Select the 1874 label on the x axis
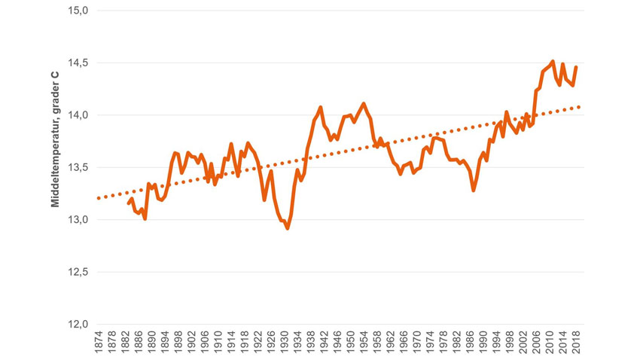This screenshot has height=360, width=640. (x=98, y=342)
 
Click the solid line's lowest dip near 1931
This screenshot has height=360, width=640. (x=288, y=227)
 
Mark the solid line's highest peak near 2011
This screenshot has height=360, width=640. (x=553, y=61)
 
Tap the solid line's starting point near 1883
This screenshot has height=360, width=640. (x=129, y=203)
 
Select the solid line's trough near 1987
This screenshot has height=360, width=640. (x=473, y=191)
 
